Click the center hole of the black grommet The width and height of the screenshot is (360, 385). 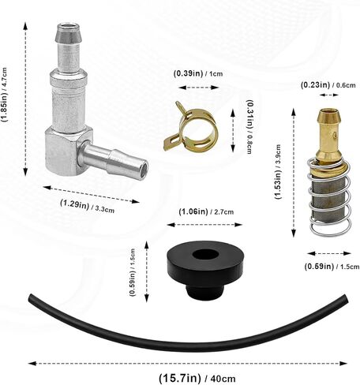[205, 254]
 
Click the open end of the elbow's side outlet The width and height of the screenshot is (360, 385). [142, 166]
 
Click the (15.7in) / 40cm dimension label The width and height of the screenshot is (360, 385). [197, 379]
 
